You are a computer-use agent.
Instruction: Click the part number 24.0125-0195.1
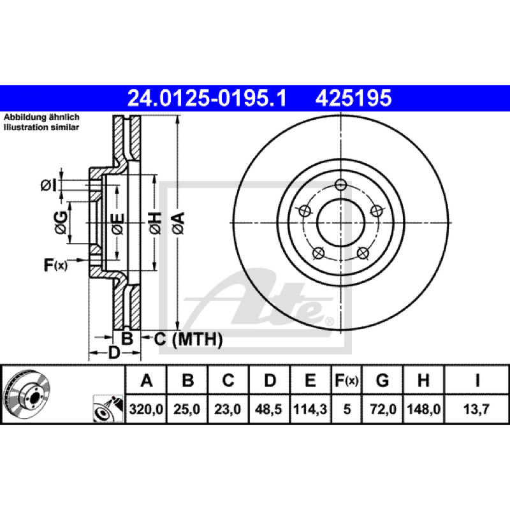click(207, 98)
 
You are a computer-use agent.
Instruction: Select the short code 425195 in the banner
click(353, 98)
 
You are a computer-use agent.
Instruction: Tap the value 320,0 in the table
click(146, 409)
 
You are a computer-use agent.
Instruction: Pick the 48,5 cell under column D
click(268, 409)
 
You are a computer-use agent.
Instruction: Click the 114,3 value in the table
click(310, 409)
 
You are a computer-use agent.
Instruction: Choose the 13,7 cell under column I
click(476, 409)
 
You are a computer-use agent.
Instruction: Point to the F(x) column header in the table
click(346, 380)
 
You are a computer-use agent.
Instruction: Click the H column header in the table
click(423, 380)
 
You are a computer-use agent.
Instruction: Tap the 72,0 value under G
click(383, 409)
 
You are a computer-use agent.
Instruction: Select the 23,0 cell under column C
click(228, 409)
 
